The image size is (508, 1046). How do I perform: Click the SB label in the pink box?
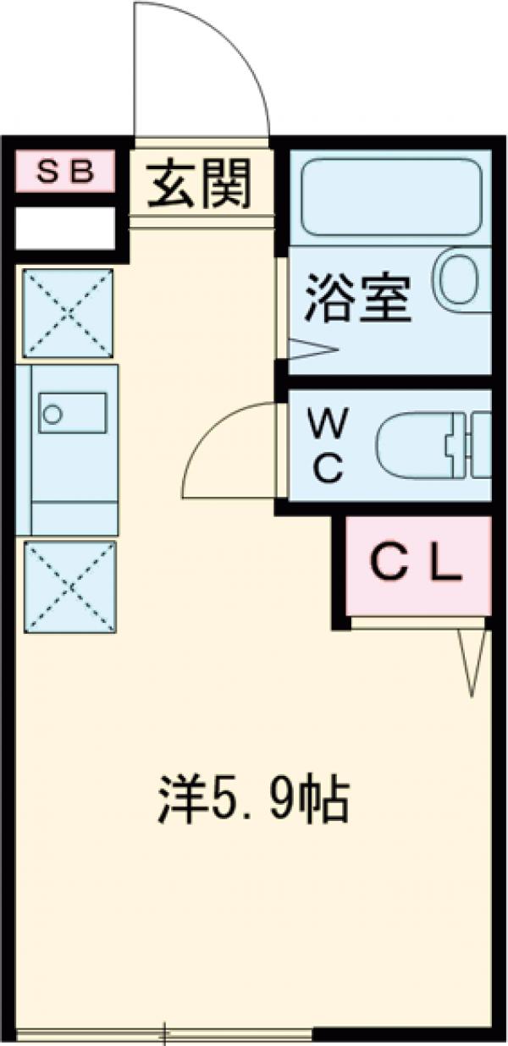coord(64,172)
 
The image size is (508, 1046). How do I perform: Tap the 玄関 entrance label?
coord(201,184)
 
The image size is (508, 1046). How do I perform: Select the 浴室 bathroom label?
coord(357,299)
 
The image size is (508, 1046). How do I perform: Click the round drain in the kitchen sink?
coord(53,415)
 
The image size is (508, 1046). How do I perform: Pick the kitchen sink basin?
coord(72,413)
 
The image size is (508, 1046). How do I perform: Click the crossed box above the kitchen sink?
coord(68,313)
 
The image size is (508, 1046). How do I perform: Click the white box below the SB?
coord(65,228)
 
